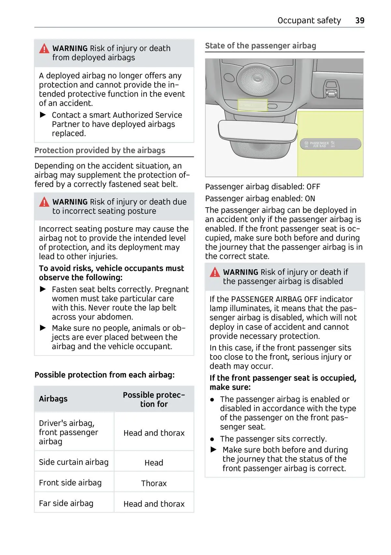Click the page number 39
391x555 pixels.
tap(360, 21)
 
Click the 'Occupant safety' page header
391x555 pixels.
tap(309, 21)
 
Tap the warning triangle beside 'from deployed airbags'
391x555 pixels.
tap(44, 49)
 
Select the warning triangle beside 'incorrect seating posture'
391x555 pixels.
tap(44, 202)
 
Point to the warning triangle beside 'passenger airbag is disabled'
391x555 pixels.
tap(215, 272)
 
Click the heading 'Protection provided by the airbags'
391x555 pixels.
tap(100, 150)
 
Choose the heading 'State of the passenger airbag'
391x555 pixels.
tap(260, 46)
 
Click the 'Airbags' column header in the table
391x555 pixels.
tap(53, 399)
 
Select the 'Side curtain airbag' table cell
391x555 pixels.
tap(74, 462)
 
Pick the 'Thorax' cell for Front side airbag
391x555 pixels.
tap(154, 483)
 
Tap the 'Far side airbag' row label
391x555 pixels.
tap(66, 504)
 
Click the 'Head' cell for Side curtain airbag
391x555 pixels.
tap(154, 463)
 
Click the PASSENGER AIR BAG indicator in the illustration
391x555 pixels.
tap(330, 144)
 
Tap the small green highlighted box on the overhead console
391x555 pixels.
tap(253, 105)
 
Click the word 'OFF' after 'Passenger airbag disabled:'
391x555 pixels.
tap(313, 187)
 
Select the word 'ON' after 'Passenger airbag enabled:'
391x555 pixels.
tap(310, 198)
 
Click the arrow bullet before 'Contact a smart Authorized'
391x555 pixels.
tap(43, 115)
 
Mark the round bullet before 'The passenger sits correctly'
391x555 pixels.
tap(212, 439)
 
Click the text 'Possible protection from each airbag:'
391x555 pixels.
tap(105, 375)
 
